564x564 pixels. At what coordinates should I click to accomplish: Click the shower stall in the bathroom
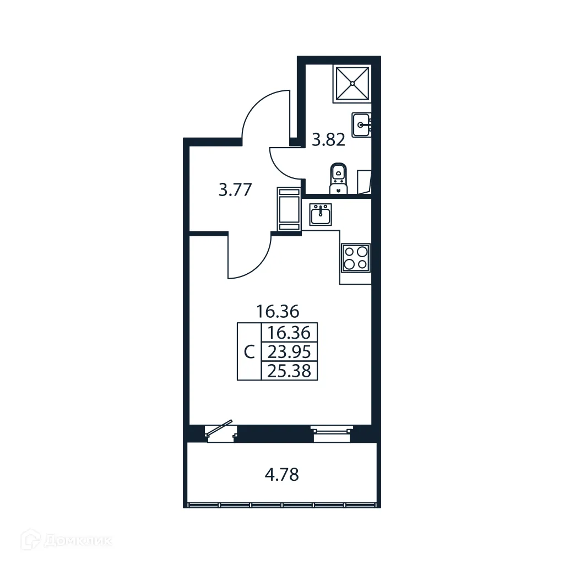click(352, 84)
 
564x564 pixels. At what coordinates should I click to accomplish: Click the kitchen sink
click(321, 214)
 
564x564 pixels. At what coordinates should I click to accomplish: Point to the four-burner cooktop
click(355, 257)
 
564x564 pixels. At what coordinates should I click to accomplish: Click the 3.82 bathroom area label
click(328, 140)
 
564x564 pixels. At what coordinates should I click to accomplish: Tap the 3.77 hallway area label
click(235, 191)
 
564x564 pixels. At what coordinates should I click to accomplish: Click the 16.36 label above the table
click(278, 312)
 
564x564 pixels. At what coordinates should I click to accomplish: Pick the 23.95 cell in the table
click(289, 351)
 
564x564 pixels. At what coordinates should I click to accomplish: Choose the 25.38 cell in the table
click(289, 371)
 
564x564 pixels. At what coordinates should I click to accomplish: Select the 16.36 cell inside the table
click(289, 333)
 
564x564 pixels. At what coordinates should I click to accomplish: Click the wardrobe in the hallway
click(289, 209)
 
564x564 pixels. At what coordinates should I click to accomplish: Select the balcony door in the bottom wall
click(220, 432)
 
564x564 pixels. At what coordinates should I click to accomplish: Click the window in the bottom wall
click(330, 432)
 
